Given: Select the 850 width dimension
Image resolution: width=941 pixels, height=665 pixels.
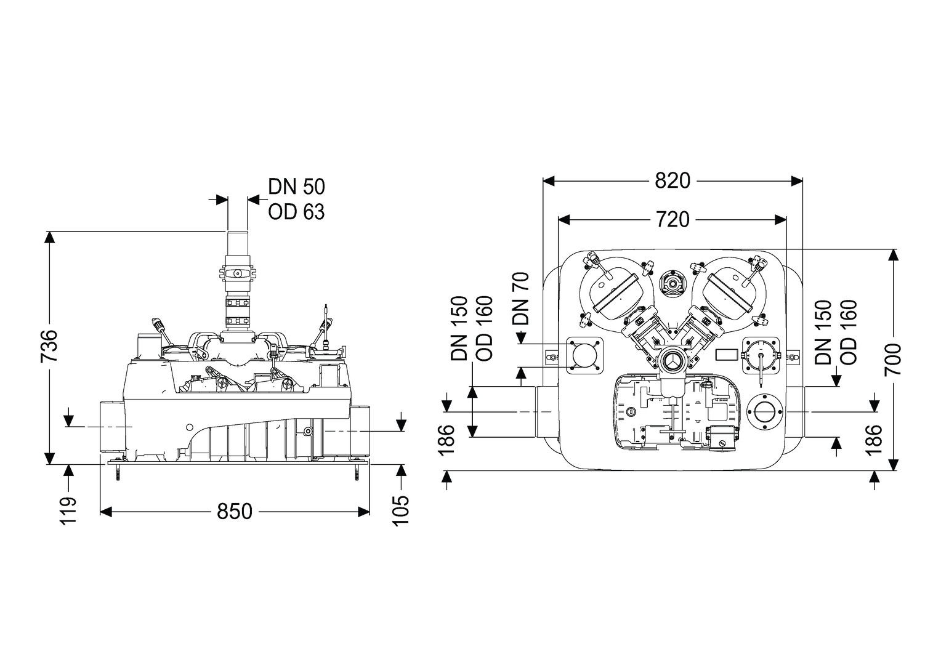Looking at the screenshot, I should click(234, 511).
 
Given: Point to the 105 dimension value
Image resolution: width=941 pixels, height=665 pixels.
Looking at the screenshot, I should click(401, 510).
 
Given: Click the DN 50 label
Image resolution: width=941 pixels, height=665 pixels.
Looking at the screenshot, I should click(296, 186).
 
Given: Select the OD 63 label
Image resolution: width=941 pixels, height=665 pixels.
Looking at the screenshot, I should click(296, 212).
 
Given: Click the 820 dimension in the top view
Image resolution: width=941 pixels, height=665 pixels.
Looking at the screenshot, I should click(672, 181).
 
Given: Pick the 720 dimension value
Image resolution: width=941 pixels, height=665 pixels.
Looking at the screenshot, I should click(672, 219).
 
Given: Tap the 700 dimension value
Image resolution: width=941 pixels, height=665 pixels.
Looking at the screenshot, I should click(892, 359).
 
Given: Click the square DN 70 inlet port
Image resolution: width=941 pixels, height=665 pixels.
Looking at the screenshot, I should click(584, 355).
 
